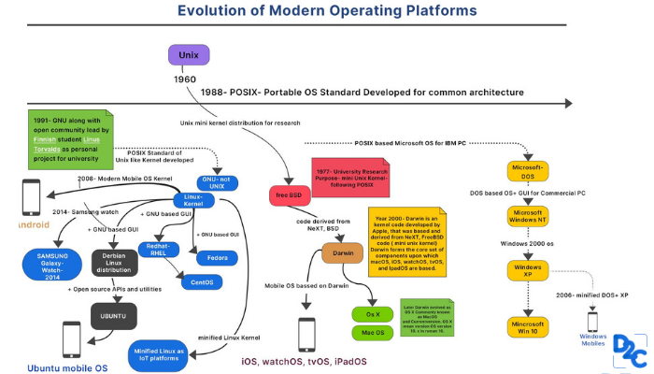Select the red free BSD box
pos(289,195)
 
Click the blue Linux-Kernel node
pos(193,199)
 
